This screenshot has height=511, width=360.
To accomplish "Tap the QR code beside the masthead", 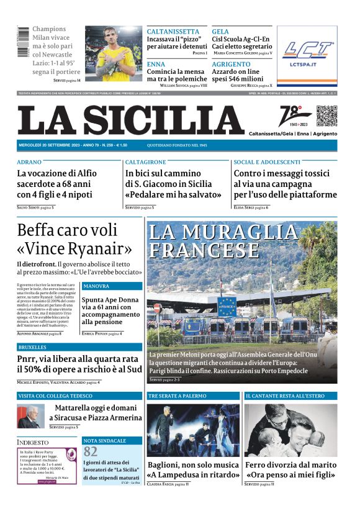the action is click(326, 116).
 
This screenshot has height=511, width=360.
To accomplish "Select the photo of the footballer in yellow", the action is click(114, 53).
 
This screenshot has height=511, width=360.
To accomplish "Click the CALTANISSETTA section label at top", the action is click(173, 31).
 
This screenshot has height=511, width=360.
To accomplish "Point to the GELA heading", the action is click(220, 31).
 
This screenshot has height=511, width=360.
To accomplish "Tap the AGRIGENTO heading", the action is click(231, 64).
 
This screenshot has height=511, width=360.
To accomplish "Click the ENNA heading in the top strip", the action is click(156, 64).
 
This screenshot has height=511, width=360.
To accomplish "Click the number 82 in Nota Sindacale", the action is click(91, 451).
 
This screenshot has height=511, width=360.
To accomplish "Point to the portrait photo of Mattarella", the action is click(31, 417).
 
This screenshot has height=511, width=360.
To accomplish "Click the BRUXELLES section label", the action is click(33, 347).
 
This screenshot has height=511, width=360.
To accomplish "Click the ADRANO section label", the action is click(30, 161).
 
